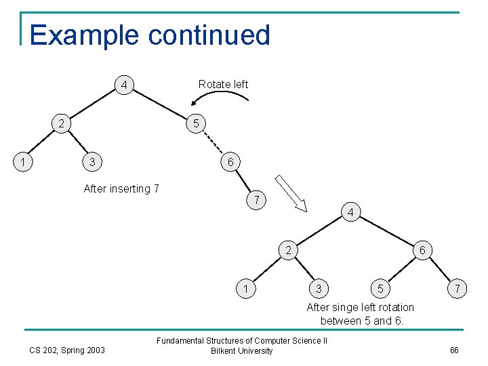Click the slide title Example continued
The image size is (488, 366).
(150, 35)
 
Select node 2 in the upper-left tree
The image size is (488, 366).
(62, 124)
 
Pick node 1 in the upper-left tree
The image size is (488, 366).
(24, 162)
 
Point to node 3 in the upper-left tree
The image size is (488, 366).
(91, 162)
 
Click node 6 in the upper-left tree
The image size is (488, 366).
(230, 162)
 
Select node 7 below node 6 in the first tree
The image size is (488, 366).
(256, 200)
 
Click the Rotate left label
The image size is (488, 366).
(223, 84)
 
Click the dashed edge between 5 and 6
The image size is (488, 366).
(213, 143)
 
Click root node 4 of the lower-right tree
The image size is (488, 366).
(350, 213)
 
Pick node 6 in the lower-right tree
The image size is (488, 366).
(422, 250)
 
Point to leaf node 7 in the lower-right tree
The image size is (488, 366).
(459, 289)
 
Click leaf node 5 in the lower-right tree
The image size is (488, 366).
(382, 289)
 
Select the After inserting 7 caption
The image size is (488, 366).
(121, 189)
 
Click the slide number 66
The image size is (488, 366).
(454, 350)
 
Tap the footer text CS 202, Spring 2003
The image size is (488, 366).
(67, 350)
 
